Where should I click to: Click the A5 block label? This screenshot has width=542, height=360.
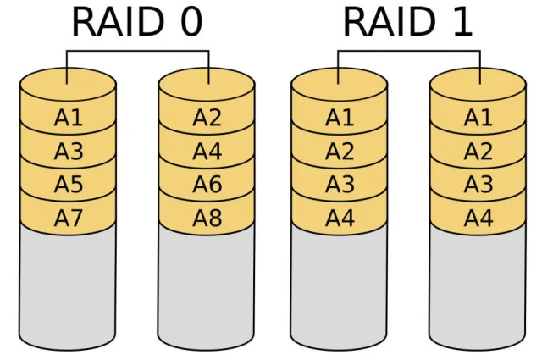pos(68,185)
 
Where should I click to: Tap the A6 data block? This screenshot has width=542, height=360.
pos(207,185)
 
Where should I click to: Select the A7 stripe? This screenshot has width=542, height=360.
pos(68,218)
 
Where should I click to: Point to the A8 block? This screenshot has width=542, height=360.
pos(207,218)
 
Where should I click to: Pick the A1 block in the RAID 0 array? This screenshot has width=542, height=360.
pos(68,119)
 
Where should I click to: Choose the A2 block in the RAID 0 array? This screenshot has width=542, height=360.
pos(207,119)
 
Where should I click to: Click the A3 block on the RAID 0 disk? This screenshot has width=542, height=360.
pos(68,152)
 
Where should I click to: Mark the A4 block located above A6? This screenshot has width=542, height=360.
pos(207,152)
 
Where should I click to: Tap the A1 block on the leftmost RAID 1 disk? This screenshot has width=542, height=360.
pos(339,119)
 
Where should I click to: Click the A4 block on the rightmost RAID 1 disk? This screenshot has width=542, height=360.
pos(478,218)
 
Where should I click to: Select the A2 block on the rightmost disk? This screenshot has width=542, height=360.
pos(478,152)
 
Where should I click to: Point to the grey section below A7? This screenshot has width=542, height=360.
pos(68,288)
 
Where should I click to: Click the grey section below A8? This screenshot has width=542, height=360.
pos(207,288)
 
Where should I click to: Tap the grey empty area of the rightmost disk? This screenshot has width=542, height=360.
pos(478,288)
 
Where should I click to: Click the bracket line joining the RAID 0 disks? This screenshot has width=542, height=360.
pos(137,51)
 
